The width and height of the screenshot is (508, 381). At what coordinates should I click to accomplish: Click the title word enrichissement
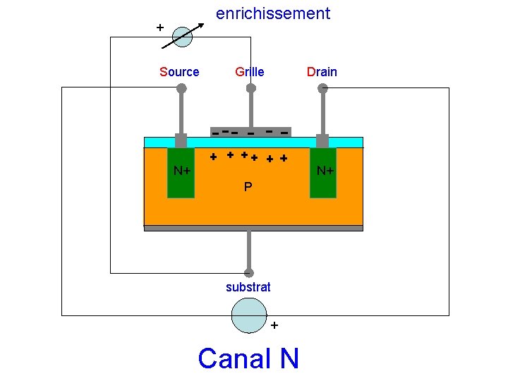tap(272, 13)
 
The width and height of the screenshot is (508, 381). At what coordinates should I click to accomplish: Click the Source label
tap(179, 72)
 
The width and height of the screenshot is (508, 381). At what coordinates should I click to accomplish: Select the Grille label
tap(250, 72)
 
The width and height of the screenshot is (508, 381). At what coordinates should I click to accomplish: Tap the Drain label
tap(322, 72)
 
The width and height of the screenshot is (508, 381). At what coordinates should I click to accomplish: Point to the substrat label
tap(248, 287)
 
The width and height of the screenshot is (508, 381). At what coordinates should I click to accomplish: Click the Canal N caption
tap(248, 358)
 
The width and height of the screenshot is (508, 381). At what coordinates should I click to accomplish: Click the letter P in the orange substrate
tap(248, 187)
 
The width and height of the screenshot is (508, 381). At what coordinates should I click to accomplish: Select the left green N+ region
tap(181, 172)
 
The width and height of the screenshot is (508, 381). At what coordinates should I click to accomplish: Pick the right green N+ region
tap(323, 172)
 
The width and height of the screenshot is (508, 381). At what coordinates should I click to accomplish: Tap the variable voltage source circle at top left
tap(182, 37)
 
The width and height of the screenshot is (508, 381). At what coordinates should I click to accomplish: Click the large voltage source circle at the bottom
tap(249, 315)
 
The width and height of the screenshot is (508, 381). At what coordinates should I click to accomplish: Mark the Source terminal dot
tap(181, 88)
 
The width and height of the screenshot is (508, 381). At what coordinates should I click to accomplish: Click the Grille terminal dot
tap(250, 88)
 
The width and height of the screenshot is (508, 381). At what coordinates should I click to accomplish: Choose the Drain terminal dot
tap(322, 88)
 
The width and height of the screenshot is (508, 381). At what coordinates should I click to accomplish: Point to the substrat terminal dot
tap(248, 272)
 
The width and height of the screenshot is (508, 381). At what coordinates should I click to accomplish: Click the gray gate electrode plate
tap(250, 132)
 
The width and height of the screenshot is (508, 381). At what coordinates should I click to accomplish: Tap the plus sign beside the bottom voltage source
tap(274, 325)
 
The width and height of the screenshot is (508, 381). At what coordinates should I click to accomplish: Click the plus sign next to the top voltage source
tap(160, 28)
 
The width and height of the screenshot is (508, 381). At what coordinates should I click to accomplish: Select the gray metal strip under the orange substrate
tap(253, 228)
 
